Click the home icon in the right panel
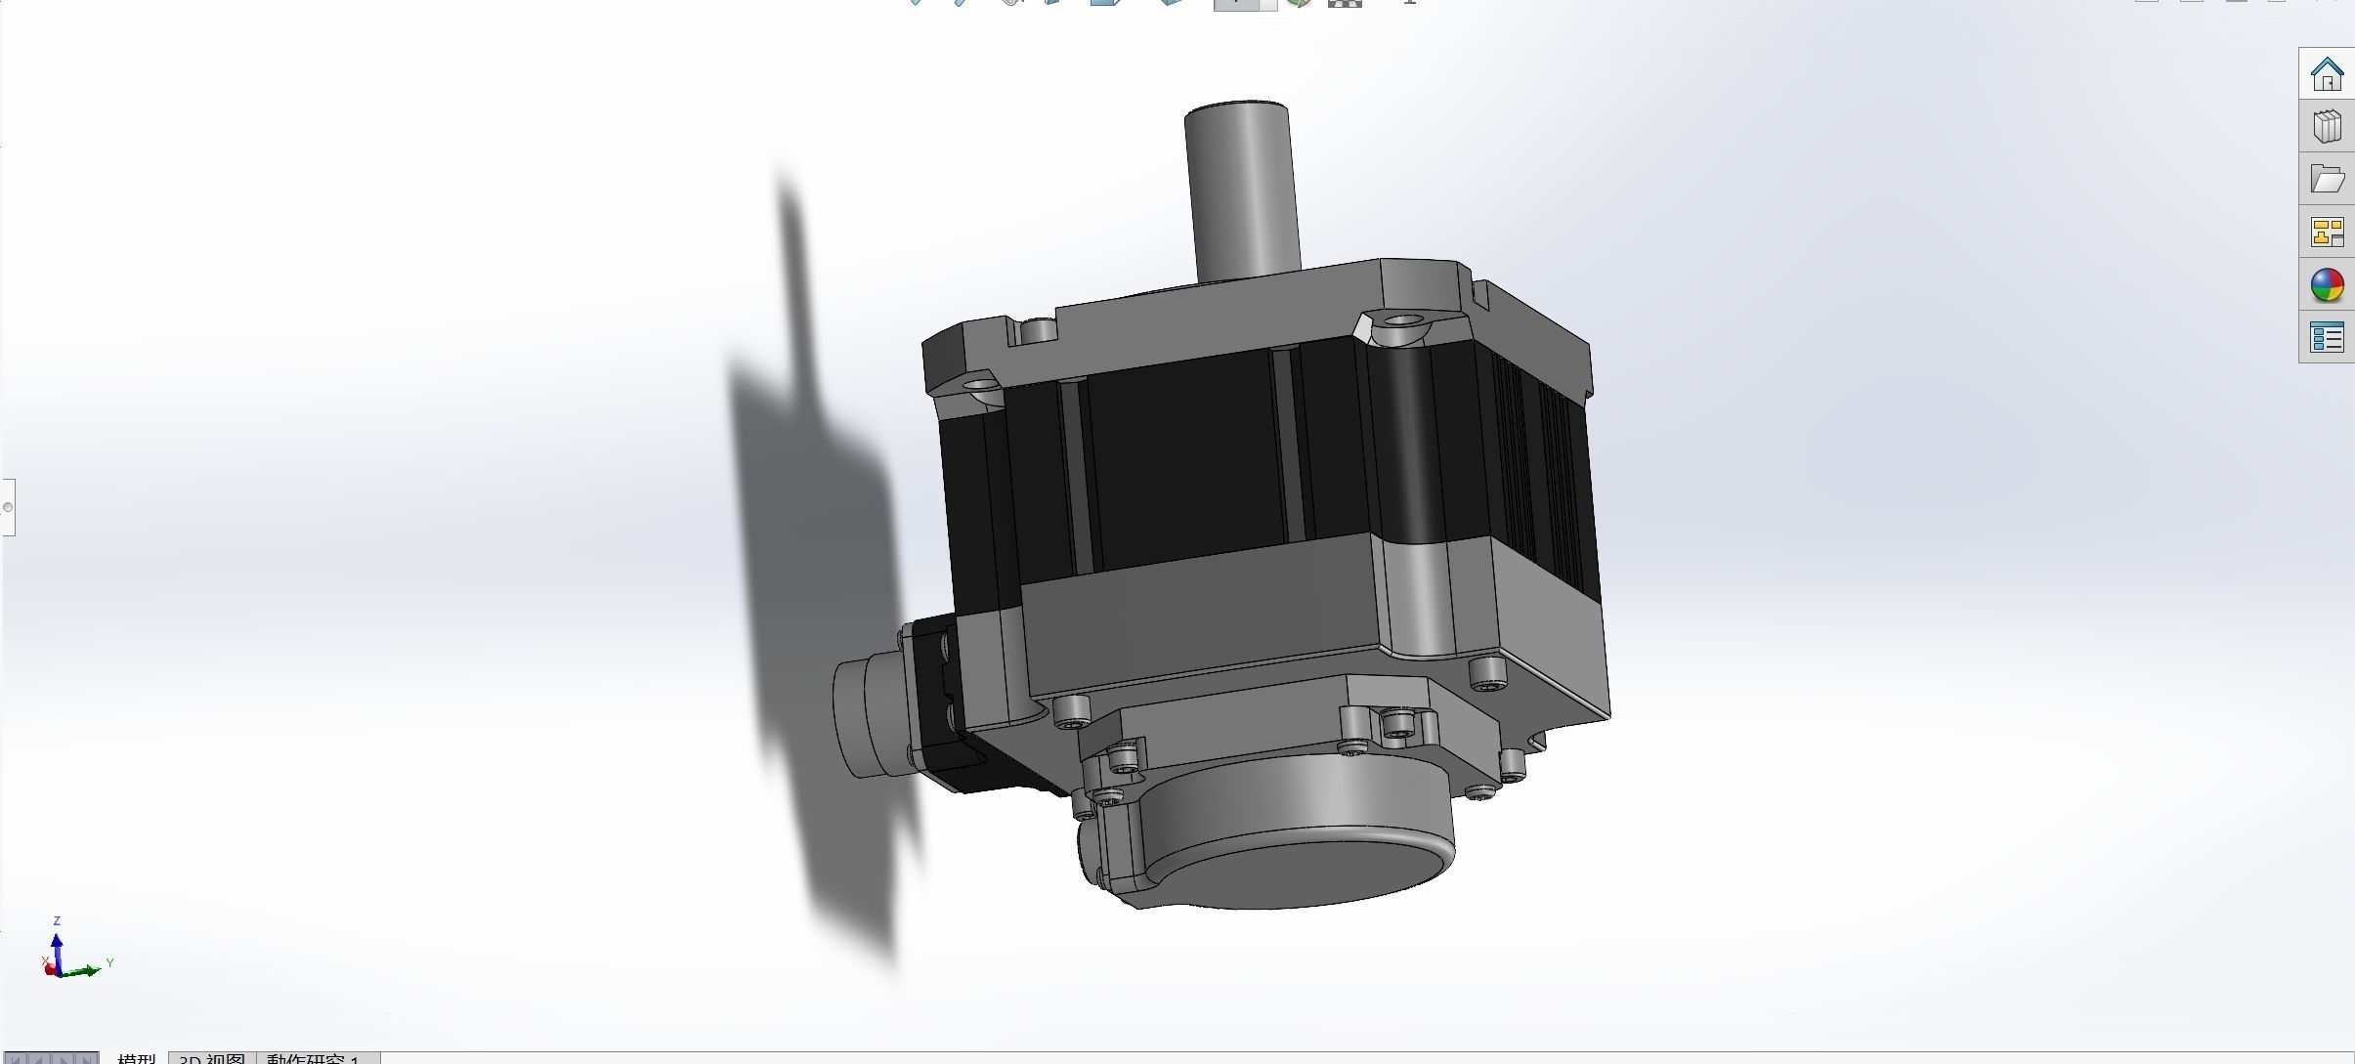click(2327, 73)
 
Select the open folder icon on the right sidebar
click(2327, 179)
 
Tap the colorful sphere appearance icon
click(2327, 285)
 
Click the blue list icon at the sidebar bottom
click(2327, 338)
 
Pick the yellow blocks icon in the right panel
click(2327, 233)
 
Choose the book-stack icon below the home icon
click(2327, 126)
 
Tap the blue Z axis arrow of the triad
click(57, 948)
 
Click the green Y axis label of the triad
click(109, 963)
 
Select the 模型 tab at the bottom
click(136, 1058)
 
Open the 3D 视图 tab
click(212, 1058)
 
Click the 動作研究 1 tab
click(313, 1058)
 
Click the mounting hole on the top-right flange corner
click(1403, 320)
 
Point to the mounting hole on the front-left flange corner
click(973, 386)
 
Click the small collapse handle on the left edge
click(8, 507)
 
